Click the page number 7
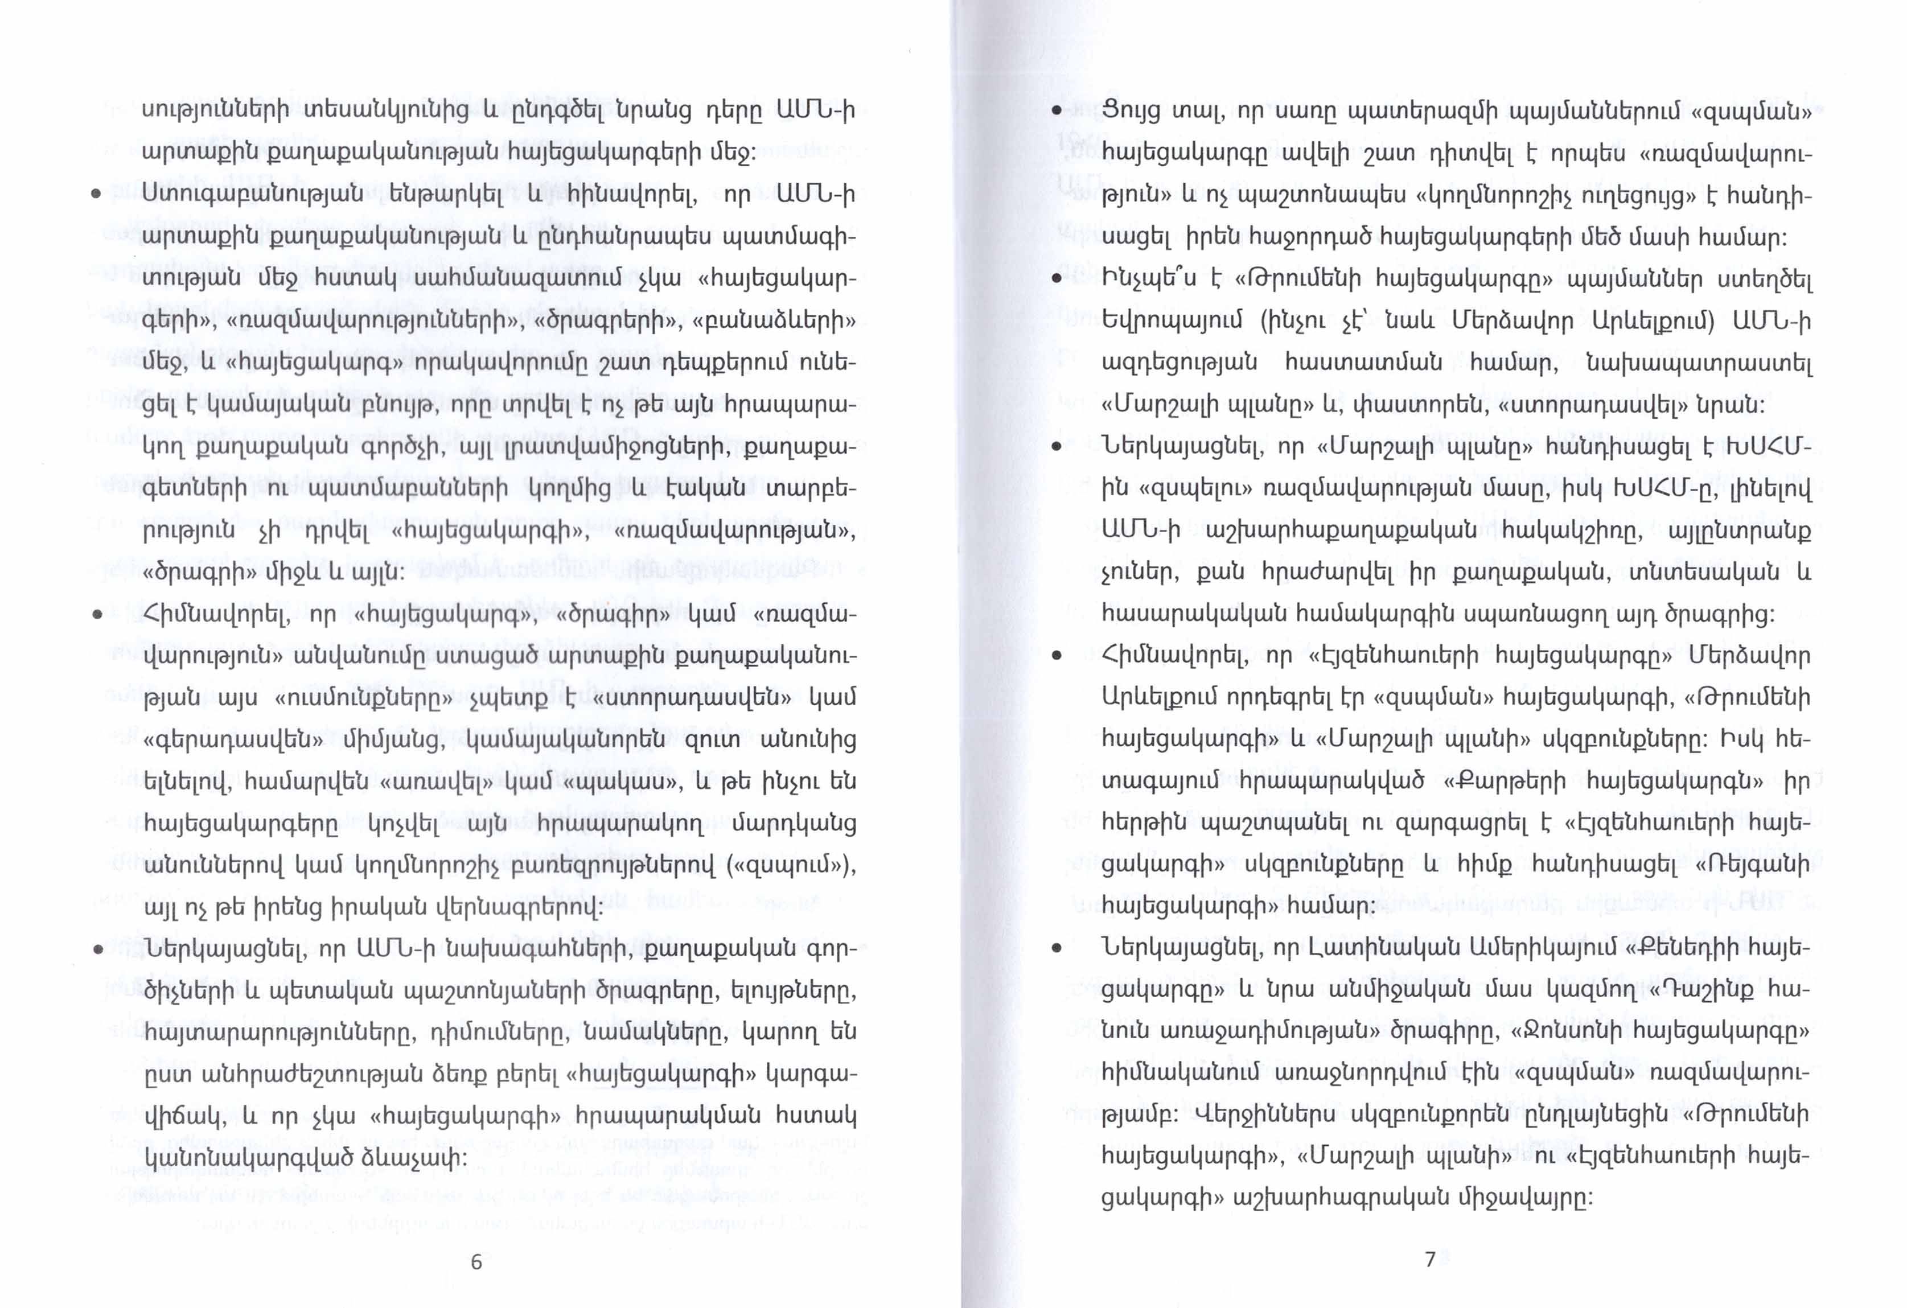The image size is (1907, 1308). tap(1430, 1260)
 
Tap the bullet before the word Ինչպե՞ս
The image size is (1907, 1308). tap(1057, 279)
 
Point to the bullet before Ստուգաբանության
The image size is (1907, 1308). tap(96, 195)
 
